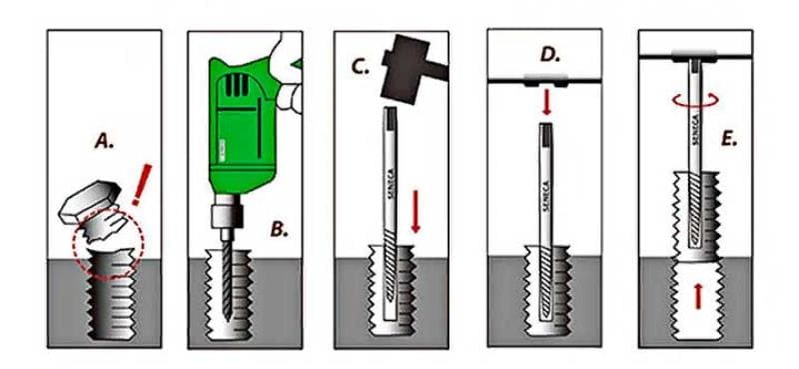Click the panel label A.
click(x=104, y=141)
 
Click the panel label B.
click(x=279, y=229)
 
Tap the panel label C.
click(x=360, y=67)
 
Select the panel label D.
click(x=550, y=55)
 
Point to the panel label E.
click(x=729, y=140)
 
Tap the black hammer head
click(x=406, y=69)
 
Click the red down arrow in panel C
click(x=415, y=211)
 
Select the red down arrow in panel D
click(x=546, y=102)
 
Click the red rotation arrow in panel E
click(x=696, y=100)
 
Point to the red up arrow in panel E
click(x=698, y=297)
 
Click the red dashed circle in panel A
click(x=108, y=244)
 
